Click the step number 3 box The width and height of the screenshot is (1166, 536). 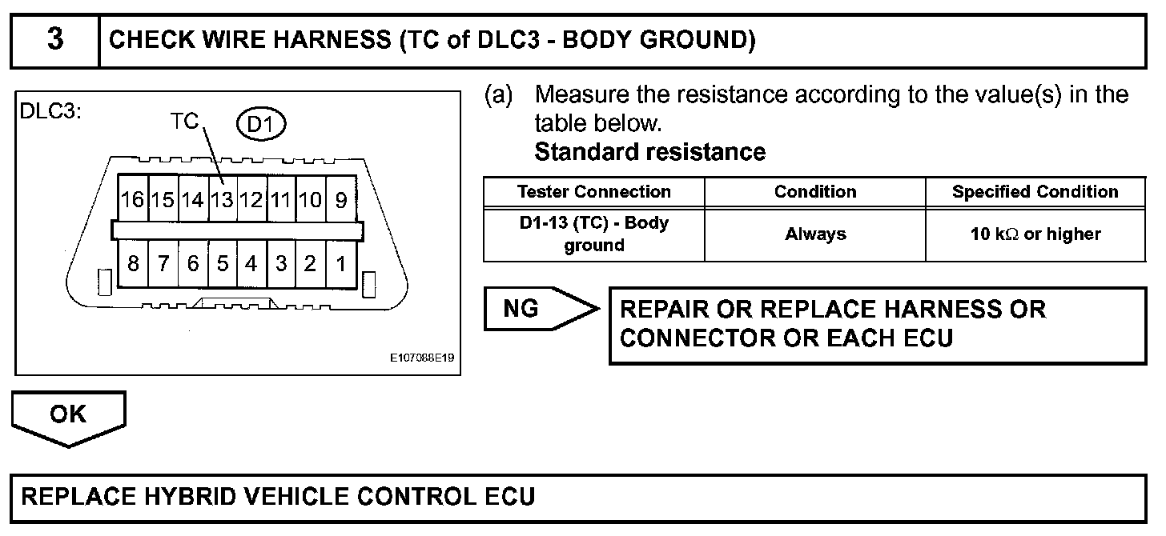(54, 40)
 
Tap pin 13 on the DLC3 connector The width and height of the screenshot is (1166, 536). (221, 199)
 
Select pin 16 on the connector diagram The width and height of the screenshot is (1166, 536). (133, 199)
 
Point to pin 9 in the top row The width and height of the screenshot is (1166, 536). (340, 199)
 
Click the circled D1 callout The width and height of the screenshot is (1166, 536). (261, 124)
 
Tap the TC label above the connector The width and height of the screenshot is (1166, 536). (184, 122)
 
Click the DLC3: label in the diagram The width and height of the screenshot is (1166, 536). (50, 112)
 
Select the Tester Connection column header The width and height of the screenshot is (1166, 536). (593, 192)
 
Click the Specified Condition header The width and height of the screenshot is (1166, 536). (1035, 192)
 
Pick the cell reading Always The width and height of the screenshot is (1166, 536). (814, 234)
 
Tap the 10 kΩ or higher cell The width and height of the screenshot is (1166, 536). (1035, 234)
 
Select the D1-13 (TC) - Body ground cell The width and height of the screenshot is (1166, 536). (593, 234)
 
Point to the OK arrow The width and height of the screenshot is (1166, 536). (68, 416)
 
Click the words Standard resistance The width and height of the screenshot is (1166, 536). (649, 151)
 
